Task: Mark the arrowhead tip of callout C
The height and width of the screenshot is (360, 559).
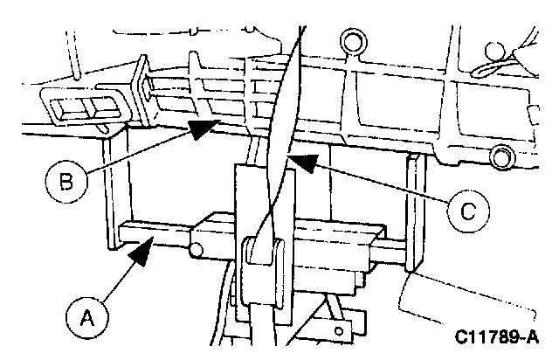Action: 293,157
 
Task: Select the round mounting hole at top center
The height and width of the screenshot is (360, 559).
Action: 353,40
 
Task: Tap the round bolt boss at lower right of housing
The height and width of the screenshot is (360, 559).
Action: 500,157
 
